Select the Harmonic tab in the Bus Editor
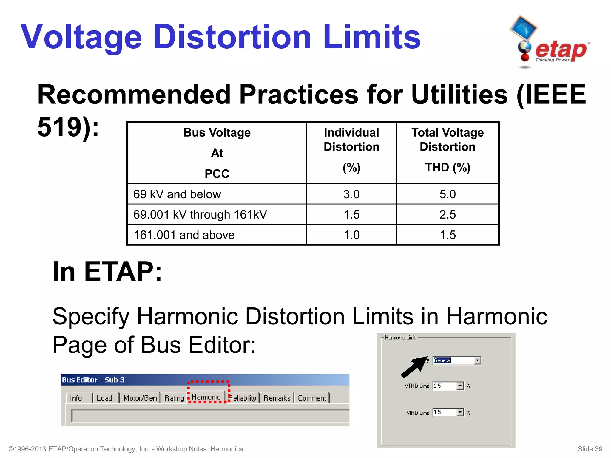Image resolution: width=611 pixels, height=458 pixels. tap(206, 397)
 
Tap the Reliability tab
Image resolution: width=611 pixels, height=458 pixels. tap(242, 398)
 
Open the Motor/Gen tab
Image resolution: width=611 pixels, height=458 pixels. tap(140, 398)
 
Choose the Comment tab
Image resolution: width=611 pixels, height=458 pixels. tap(312, 398)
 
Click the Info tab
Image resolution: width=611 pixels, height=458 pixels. tap(76, 398)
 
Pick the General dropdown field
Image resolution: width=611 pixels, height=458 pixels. tap(453, 360)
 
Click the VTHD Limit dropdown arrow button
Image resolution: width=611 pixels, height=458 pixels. tap(460, 386)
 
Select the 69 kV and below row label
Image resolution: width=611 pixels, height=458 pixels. tap(177, 194)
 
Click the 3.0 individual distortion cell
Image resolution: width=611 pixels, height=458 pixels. tap(351, 194)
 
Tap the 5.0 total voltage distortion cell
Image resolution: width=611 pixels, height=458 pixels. tap(448, 194)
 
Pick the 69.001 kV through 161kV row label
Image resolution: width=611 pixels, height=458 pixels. tap(200, 215)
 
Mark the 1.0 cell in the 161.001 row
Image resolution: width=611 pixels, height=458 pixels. tap(351, 235)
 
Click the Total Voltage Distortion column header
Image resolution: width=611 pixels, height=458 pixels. tap(448, 140)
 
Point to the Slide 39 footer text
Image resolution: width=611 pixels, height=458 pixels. tap(590, 449)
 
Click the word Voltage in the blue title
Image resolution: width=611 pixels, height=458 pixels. tap(81, 37)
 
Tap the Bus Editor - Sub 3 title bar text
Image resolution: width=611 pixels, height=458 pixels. tap(93, 380)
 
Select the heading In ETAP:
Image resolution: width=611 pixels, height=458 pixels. tap(107, 271)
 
